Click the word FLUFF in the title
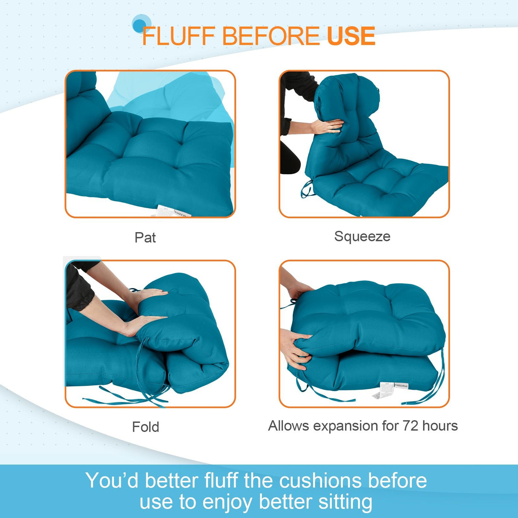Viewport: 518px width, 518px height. coord(178,36)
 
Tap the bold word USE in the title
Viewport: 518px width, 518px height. coord(351,36)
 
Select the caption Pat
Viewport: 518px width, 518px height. coord(145,238)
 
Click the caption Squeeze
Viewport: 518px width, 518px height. coord(362,236)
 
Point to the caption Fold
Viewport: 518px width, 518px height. coord(146,427)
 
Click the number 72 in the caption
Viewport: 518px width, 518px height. coord(410,426)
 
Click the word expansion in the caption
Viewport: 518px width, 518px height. coord(346,426)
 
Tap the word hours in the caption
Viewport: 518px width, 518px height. coord(439,426)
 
